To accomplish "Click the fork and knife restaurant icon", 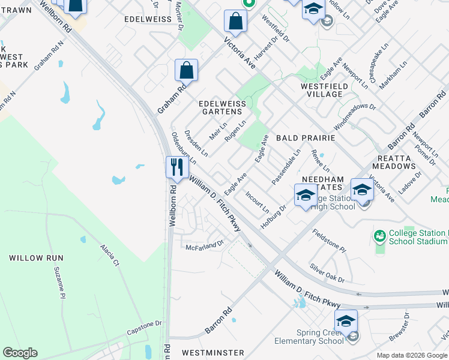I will [x=176, y=166].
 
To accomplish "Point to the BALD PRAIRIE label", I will [x=305, y=138].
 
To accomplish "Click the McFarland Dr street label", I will [x=205, y=246].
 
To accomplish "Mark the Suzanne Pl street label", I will [x=59, y=283].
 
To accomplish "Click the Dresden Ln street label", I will [x=196, y=143].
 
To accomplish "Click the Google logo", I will [x=20, y=353].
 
